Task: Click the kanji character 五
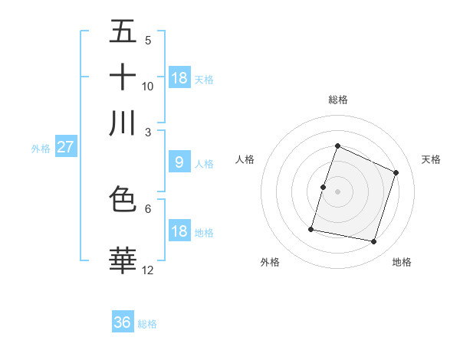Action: pos(123,31)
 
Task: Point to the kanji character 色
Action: pos(123,199)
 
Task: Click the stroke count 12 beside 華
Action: pos(148,270)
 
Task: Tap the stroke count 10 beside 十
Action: pos(148,86)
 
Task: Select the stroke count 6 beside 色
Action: pos(148,208)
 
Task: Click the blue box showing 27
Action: pos(65,147)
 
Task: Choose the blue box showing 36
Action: pos(123,322)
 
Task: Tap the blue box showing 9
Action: pos(179,162)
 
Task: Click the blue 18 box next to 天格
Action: pos(179,78)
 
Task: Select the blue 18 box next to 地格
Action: pos(179,232)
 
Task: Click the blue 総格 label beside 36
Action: pos(148,324)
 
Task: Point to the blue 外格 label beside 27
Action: pos(41,149)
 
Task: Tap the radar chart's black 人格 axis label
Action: pos(245,159)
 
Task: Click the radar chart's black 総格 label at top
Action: pos(338,100)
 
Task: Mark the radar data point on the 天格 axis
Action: pos(396,172)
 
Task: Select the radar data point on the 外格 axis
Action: pos(311,229)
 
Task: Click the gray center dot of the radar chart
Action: pos(338,191)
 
